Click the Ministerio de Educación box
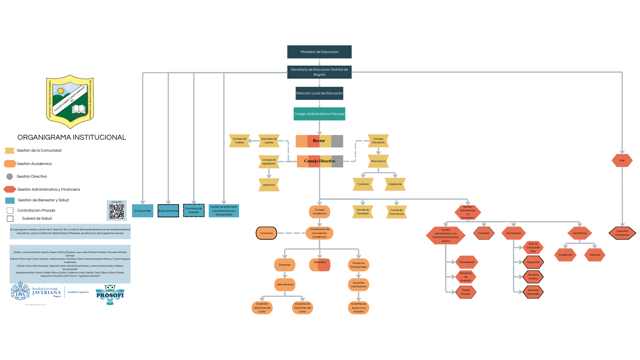coord(319,52)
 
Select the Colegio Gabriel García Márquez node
coord(319,114)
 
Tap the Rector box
coord(319,141)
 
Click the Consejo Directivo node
coord(320,161)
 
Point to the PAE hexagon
coord(622,161)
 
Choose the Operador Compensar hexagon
coord(622,233)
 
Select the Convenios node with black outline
coord(266,233)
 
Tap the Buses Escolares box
coord(168,211)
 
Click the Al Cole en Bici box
coord(143,211)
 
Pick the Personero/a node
coord(378,161)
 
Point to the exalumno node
coord(269,185)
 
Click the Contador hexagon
coord(484,233)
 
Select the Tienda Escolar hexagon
coord(466,292)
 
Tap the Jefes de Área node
coord(285,285)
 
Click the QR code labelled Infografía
coord(117,211)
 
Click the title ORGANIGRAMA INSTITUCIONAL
coord(72,137)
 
